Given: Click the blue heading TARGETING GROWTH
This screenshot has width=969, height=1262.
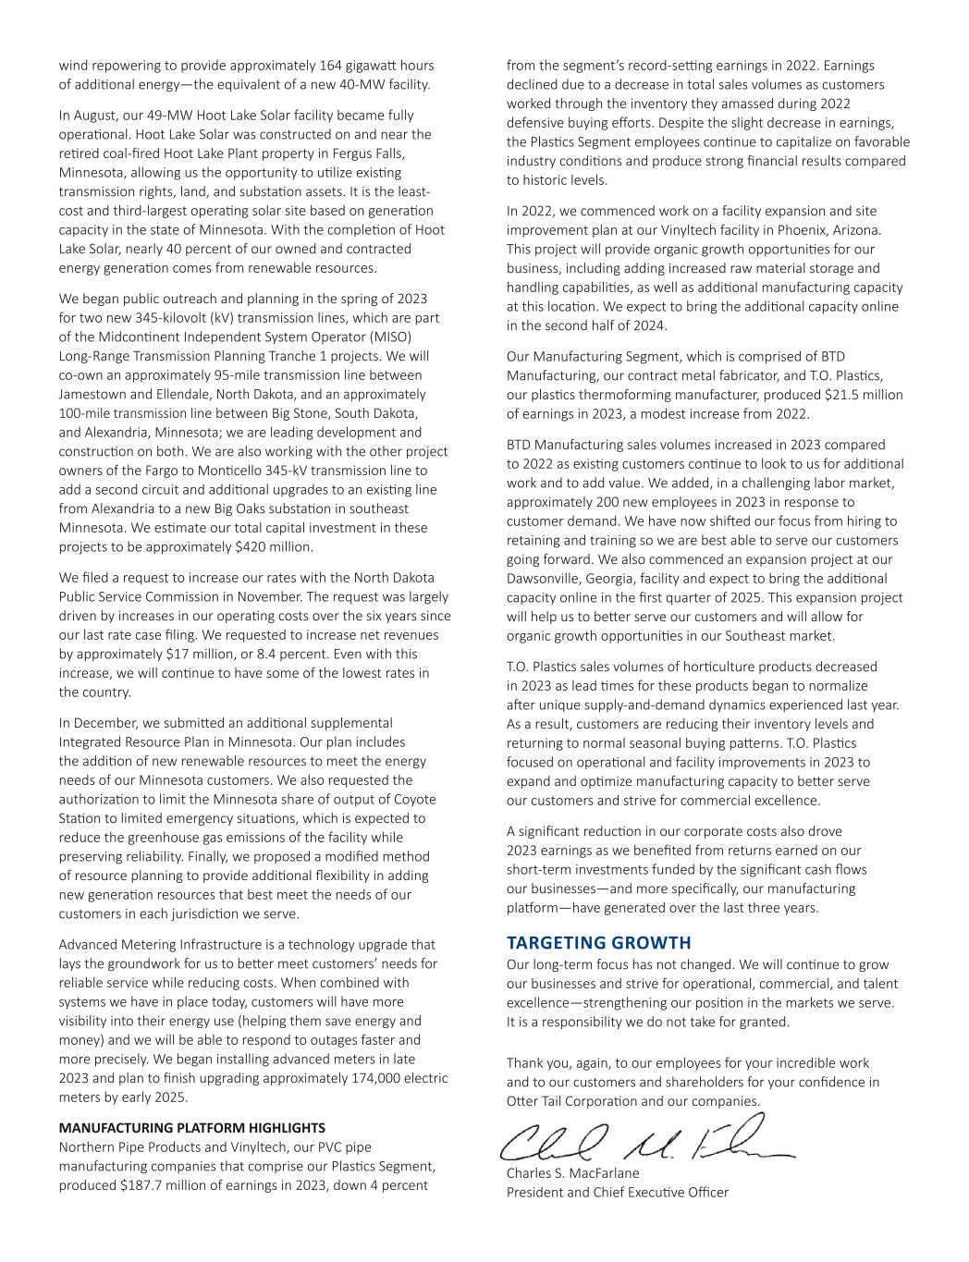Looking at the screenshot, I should click(598, 943).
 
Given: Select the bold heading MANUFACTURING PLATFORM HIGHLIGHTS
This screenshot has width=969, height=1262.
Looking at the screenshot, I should click(191, 1127).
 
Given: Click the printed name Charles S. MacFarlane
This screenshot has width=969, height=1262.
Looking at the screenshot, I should click(572, 1173).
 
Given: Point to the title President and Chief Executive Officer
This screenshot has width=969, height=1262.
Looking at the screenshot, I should click(617, 1192).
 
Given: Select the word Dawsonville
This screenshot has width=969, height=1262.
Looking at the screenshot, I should click(546, 579).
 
